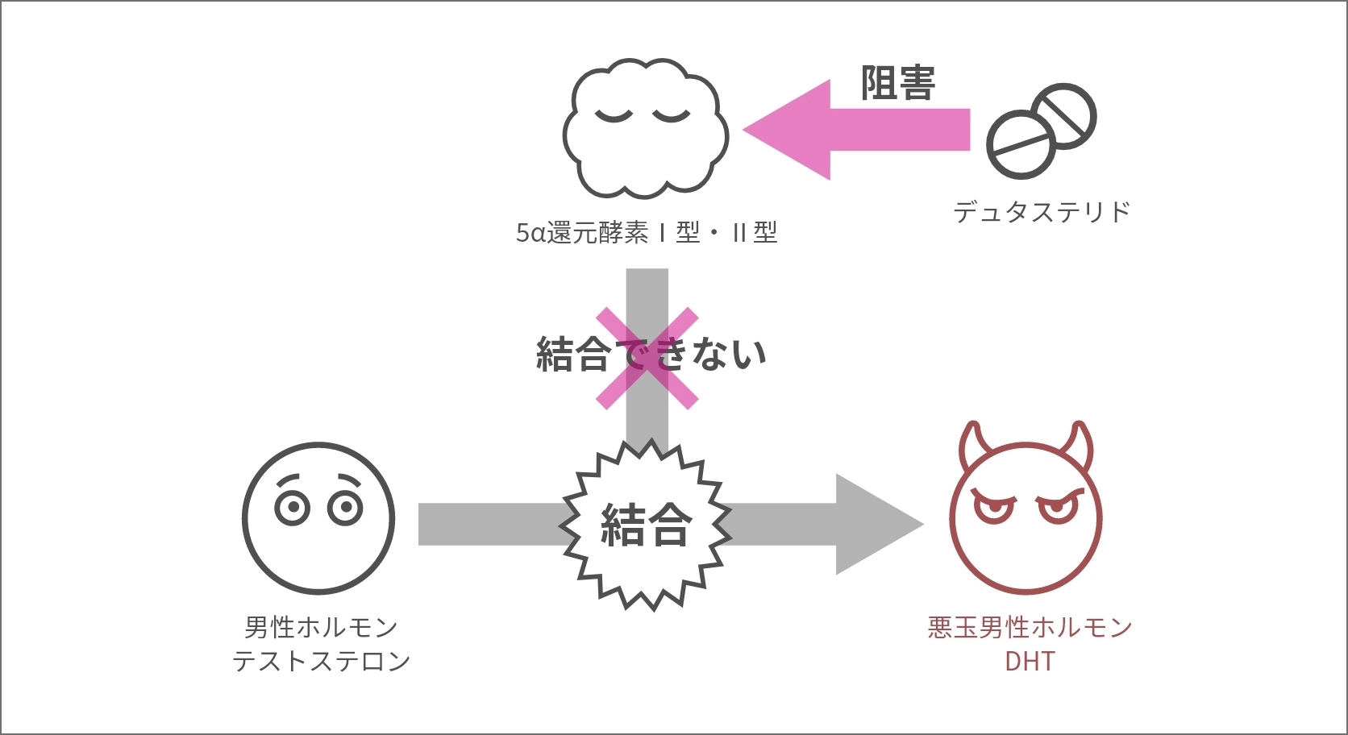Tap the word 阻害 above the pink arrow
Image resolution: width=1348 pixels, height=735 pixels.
(x=897, y=83)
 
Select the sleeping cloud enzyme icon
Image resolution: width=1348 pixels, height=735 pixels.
(x=645, y=129)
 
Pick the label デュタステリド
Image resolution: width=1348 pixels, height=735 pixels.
(x=1042, y=212)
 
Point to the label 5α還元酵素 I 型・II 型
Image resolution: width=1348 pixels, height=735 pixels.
(x=647, y=233)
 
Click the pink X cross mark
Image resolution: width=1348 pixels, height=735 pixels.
(x=647, y=358)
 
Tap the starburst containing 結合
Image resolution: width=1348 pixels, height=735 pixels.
(x=646, y=525)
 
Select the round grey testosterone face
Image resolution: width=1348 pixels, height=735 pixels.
(x=318, y=518)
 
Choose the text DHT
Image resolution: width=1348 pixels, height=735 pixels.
(x=1030, y=662)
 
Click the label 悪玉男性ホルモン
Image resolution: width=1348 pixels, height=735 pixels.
(x=1030, y=627)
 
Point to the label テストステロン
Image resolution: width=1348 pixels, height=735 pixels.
(x=322, y=662)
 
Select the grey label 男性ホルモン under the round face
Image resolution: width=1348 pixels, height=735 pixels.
(x=322, y=627)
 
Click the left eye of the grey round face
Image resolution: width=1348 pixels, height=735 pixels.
(x=292, y=507)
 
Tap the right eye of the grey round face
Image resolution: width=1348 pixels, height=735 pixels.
(x=346, y=507)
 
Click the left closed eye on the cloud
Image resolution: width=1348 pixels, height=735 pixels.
(x=614, y=115)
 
